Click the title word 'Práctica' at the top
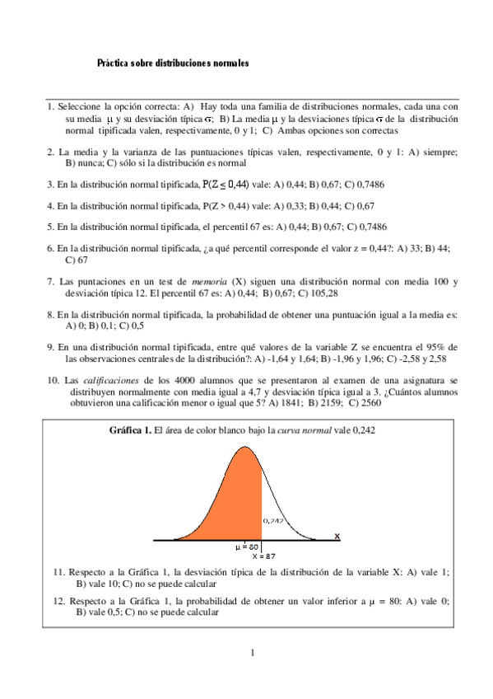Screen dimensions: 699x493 tap(114, 62)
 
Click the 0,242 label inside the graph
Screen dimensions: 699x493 tap(273, 521)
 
